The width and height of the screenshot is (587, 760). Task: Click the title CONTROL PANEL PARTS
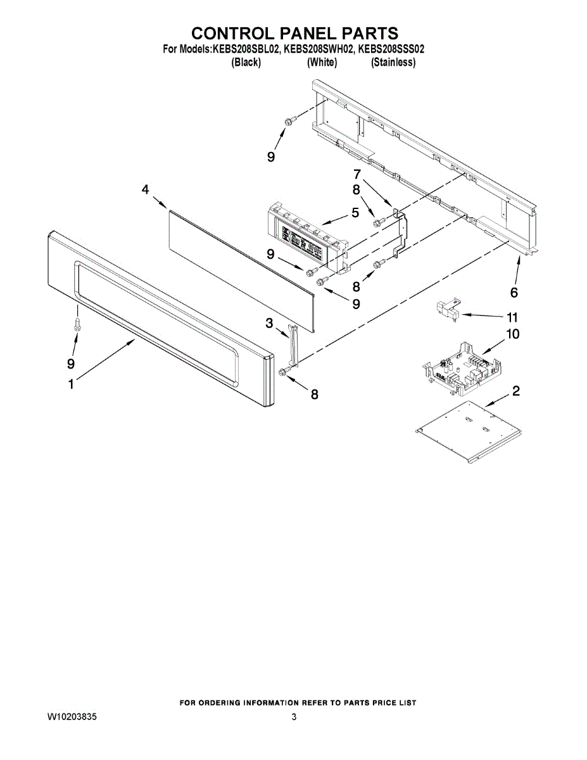294,33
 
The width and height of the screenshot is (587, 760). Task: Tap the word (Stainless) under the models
393,62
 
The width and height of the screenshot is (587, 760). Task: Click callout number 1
71,384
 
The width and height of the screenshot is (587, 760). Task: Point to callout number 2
516,391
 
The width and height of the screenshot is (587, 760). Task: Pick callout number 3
269,324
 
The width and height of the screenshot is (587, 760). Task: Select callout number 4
145,189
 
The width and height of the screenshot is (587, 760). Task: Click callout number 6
514,292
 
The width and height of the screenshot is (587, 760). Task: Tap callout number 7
357,174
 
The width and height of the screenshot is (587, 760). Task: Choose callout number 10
512,334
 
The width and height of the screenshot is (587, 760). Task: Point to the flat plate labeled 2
469,431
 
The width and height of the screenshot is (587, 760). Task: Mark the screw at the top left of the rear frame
288,120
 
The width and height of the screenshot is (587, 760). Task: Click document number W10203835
72,718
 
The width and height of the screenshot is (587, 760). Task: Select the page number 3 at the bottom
294,718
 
